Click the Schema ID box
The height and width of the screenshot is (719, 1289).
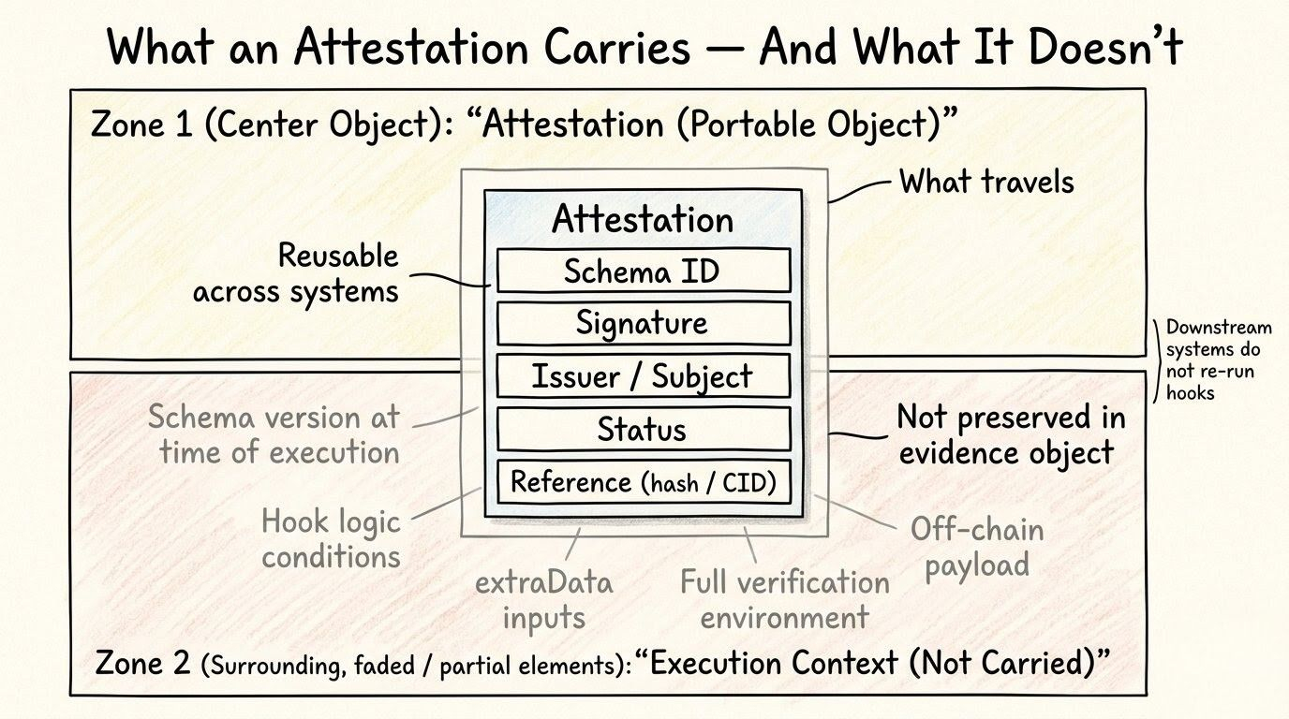tap(643, 271)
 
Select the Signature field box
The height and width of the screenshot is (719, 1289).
tap(643, 323)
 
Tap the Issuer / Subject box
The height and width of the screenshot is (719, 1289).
tap(643, 376)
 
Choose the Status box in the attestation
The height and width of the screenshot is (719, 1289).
tap(643, 430)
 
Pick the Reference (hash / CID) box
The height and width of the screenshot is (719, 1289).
tap(643, 483)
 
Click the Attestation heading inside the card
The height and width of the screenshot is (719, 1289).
tap(643, 219)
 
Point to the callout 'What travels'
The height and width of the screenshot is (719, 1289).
tap(985, 182)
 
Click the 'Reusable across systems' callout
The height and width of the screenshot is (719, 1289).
tap(295, 273)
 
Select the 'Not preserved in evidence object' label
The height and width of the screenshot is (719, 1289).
tap(1011, 434)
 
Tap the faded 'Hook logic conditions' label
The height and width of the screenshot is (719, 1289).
tap(331, 538)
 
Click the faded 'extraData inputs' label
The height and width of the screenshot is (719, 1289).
tap(543, 599)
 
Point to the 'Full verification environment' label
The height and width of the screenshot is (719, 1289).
tap(785, 599)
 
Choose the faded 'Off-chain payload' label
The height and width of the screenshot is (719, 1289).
tap(977, 547)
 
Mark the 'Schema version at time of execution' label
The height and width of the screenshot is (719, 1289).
tap(274, 434)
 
